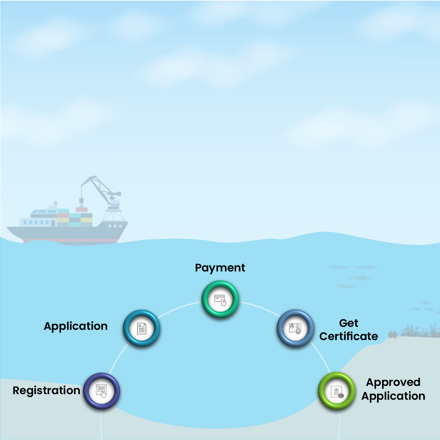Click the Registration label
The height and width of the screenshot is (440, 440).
tap(46, 391)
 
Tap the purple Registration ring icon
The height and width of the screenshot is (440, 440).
tap(102, 391)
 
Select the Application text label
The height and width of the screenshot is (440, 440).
tap(76, 326)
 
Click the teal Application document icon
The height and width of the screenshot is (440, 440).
tap(141, 329)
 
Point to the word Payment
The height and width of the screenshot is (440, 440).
tap(220, 268)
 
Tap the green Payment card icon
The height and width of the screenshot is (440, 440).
tap(220, 299)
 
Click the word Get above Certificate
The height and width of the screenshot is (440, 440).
tap(349, 323)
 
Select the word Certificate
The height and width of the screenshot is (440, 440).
tap(349, 336)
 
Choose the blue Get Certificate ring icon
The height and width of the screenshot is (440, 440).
tap(295, 329)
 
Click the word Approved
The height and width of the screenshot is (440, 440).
tap(393, 382)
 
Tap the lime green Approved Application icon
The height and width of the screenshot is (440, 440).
tap(337, 391)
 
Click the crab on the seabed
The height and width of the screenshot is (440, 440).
tap(393, 335)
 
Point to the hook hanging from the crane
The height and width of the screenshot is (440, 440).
tap(81, 202)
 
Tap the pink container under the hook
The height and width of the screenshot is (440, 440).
tap(82, 209)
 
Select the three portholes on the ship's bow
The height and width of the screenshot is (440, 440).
tap(115, 226)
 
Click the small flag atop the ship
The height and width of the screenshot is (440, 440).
tap(56, 203)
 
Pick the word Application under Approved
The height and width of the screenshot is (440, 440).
tap(393, 396)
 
